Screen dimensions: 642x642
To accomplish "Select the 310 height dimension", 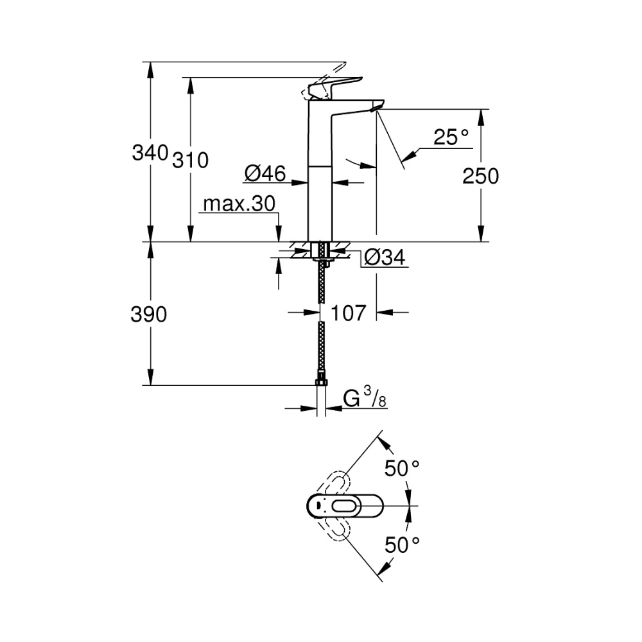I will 191,160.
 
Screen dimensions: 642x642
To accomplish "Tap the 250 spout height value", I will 480,176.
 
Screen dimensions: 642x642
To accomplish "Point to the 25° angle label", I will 451,137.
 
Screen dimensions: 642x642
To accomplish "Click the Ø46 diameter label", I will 265,173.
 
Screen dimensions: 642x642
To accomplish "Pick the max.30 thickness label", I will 239,204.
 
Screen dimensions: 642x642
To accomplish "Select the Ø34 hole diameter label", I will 384,257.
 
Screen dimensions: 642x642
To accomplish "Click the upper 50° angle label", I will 402,469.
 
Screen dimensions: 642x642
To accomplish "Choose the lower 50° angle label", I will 402,545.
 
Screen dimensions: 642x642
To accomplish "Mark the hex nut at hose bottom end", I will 320,383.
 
